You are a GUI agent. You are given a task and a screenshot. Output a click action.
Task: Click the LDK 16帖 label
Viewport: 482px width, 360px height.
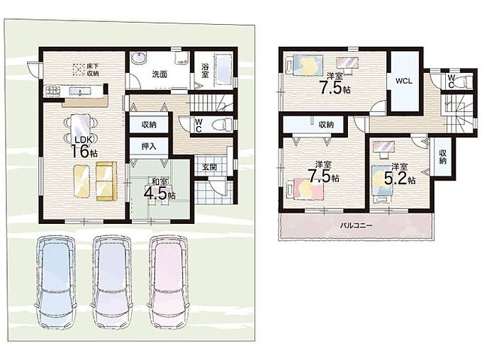[82, 147]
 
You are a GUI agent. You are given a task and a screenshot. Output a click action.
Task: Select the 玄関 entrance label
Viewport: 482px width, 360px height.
[209, 167]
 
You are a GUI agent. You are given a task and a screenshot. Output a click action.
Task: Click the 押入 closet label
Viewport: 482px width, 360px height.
[149, 146]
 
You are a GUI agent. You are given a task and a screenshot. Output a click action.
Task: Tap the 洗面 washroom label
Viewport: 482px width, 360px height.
[159, 74]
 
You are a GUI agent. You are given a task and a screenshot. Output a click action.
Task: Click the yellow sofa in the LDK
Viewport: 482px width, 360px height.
[106, 181]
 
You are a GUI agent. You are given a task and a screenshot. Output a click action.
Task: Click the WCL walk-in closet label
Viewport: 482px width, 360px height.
[403, 81]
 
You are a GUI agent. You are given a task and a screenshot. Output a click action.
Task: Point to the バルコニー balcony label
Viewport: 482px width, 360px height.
[356, 225]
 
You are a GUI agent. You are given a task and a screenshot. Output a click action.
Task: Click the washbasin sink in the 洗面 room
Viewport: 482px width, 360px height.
[139, 57]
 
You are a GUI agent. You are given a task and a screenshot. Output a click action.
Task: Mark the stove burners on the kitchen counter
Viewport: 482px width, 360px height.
[53, 91]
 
